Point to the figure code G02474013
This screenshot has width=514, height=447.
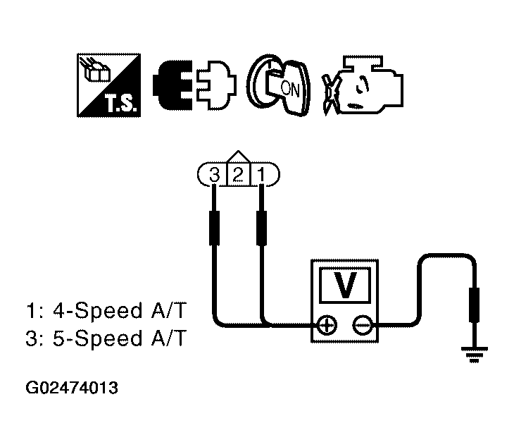pos(71,388)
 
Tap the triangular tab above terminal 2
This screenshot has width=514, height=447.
pos(238,156)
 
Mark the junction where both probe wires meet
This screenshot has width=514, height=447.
pos(263,325)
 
